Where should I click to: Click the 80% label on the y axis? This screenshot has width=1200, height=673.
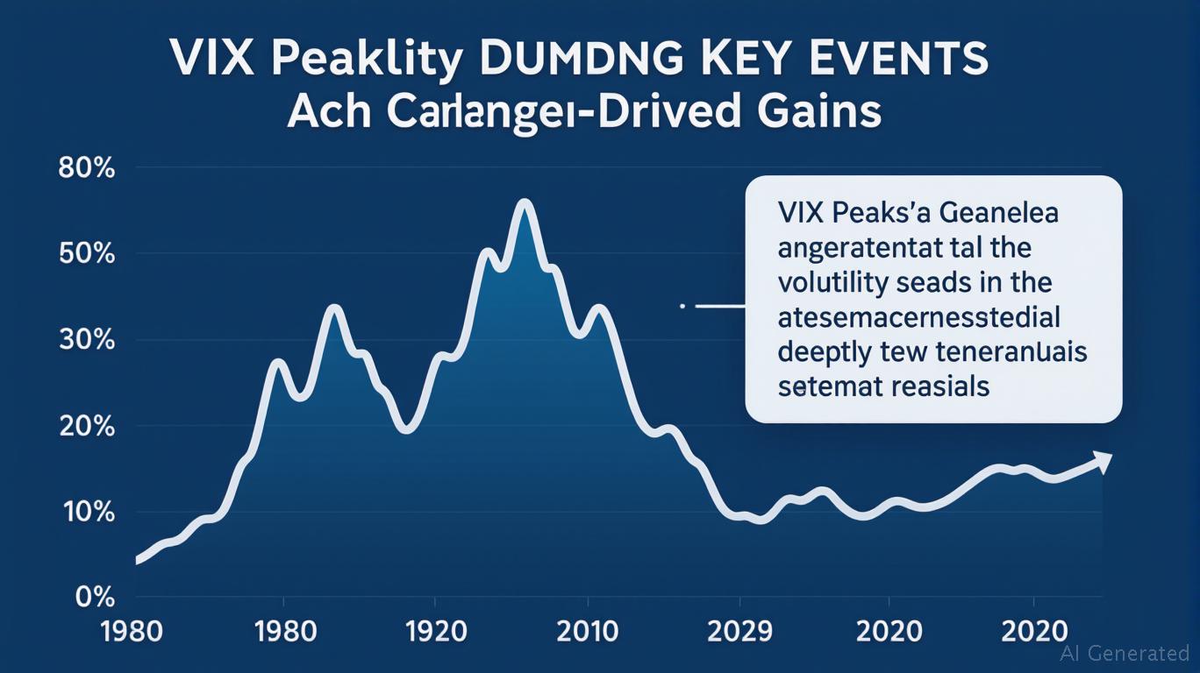(86, 168)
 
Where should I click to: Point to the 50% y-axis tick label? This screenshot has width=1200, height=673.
(86, 254)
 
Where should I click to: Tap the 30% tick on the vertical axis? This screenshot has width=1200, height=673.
(86, 340)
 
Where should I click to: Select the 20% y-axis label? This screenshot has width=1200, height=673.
(86, 427)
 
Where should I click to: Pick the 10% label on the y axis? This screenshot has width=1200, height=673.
(86, 513)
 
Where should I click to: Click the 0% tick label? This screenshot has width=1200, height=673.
(94, 598)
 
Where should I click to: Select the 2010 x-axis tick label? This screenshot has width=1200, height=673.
(588, 631)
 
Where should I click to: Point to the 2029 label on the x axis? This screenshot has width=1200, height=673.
(739, 631)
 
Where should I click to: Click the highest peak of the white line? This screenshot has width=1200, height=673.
(525, 203)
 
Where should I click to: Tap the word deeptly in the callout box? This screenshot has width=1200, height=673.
(825, 351)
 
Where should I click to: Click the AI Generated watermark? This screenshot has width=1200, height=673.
(1125, 653)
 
